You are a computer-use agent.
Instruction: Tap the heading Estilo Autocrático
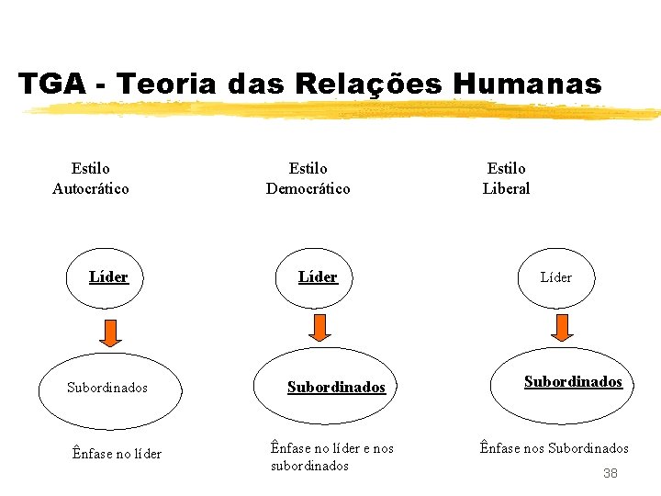(90, 178)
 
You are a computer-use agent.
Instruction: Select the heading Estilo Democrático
(308, 178)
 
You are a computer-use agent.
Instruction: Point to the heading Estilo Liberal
(506, 178)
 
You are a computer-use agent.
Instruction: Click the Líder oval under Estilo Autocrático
(108, 277)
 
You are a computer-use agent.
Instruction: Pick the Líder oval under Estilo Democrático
(318, 277)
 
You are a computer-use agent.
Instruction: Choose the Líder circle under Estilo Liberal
(555, 277)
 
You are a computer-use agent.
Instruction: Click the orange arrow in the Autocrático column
(110, 332)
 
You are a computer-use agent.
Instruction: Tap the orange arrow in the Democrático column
(319, 327)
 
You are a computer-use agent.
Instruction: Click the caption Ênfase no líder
(117, 453)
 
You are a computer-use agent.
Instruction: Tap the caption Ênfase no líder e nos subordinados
(331, 457)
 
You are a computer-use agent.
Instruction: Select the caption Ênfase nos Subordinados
(554, 448)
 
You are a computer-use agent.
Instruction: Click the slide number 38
(611, 473)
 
